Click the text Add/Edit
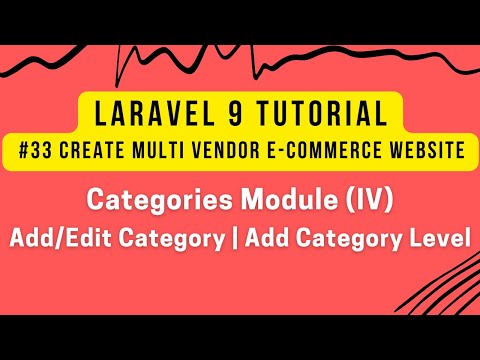click(x=54, y=241)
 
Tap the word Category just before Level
click(x=339, y=241)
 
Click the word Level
click(x=434, y=241)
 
